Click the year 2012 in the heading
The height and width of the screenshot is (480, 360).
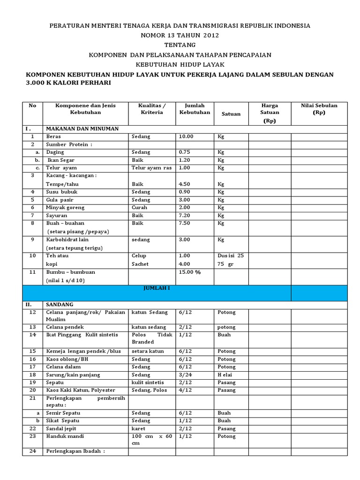coord(210,35)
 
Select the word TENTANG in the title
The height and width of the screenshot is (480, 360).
coord(180,45)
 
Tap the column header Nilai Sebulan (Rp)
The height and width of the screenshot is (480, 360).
coord(319,109)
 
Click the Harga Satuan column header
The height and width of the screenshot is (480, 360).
coord(270,112)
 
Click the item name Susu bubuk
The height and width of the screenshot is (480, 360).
coord(62,192)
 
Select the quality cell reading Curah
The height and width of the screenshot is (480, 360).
coord(139,207)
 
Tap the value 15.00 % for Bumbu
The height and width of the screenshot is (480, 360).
coord(189,272)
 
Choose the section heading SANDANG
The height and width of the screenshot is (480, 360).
coord(60,304)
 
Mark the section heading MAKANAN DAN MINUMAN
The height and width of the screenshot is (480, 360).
coord(82,128)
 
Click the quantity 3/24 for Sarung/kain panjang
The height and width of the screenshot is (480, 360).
coord(186,375)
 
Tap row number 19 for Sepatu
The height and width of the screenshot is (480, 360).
coord(32,382)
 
